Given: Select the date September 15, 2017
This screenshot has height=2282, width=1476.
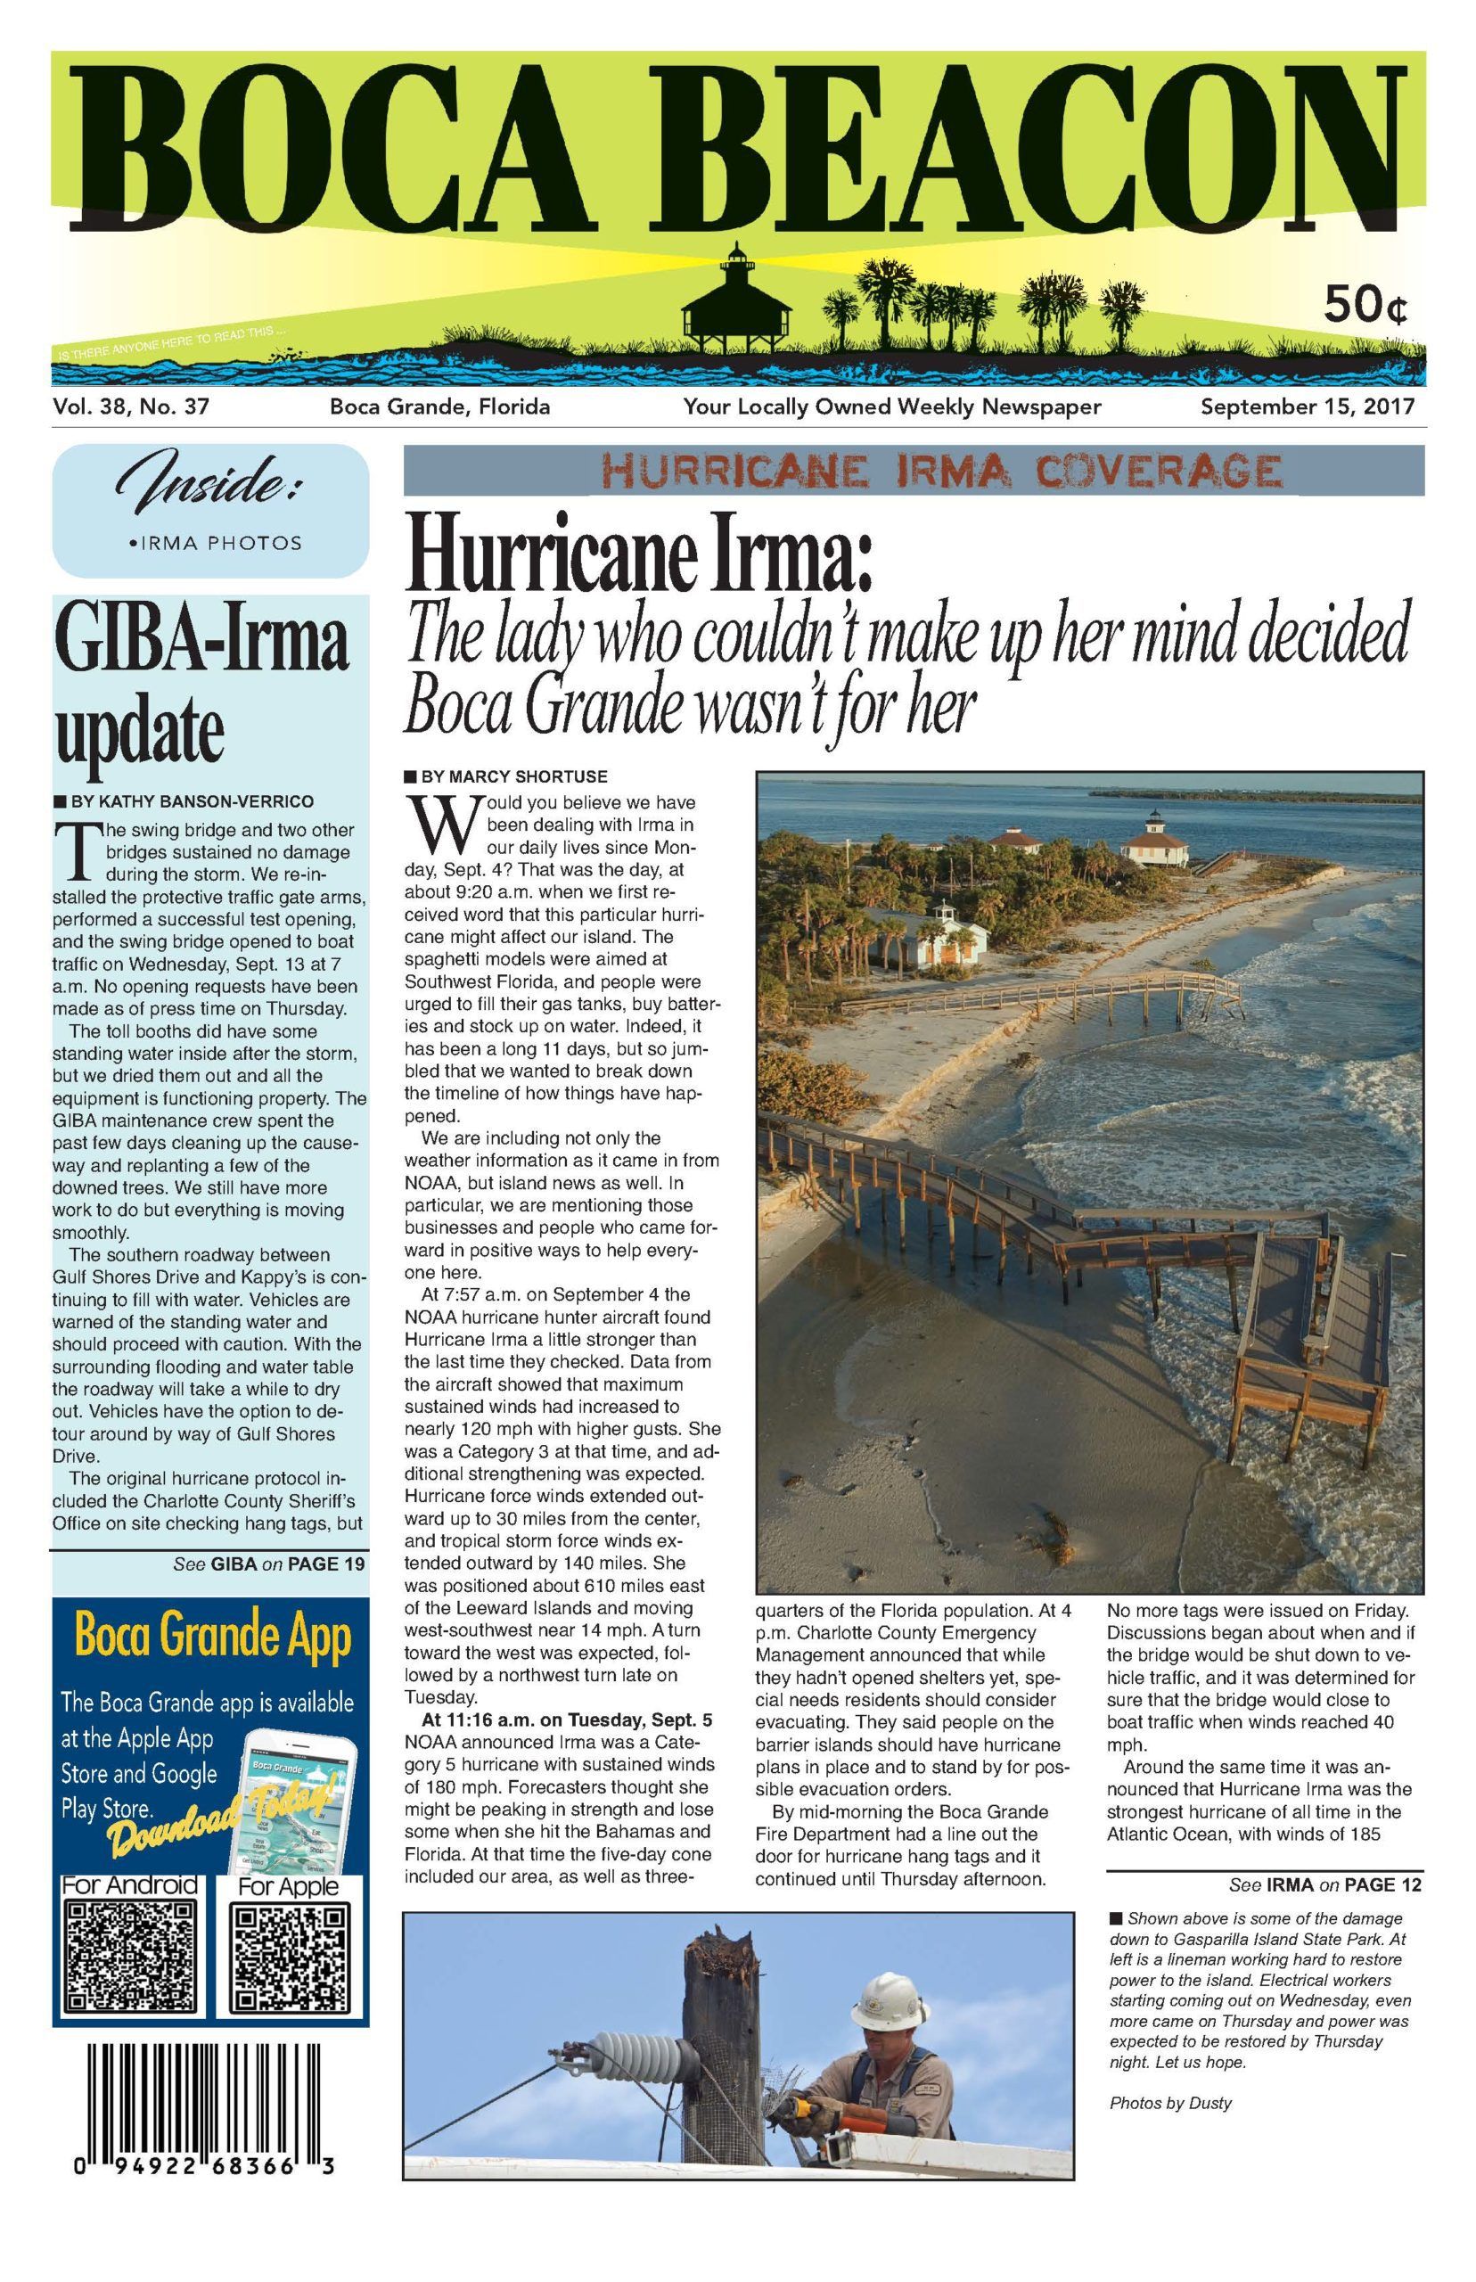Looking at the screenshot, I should [1308, 406].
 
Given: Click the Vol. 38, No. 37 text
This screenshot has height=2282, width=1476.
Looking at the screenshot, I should [131, 406].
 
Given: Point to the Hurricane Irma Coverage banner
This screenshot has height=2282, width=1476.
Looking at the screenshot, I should [914, 470].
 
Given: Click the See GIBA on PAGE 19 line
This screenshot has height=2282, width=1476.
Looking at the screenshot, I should [269, 1564].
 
